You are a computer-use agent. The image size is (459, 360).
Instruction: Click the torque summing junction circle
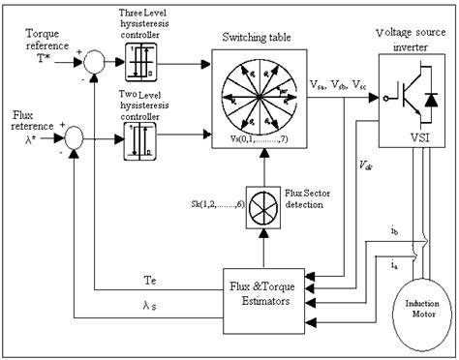point(92,64)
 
